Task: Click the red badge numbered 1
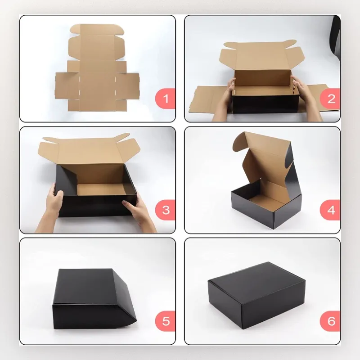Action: (x=165, y=99)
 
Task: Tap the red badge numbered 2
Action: (x=330, y=99)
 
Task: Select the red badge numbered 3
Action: (x=165, y=210)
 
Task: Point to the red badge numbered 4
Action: (x=330, y=210)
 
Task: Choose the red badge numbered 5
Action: (x=165, y=321)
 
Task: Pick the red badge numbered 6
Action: (x=330, y=321)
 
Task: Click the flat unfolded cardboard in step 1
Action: (x=97, y=68)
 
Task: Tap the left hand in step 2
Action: (x=223, y=99)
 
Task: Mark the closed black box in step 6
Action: (x=256, y=295)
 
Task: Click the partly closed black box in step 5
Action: (x=94, y=298)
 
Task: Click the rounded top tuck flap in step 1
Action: (x=97, y=29)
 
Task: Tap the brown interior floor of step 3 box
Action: (x=101, y=189)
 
